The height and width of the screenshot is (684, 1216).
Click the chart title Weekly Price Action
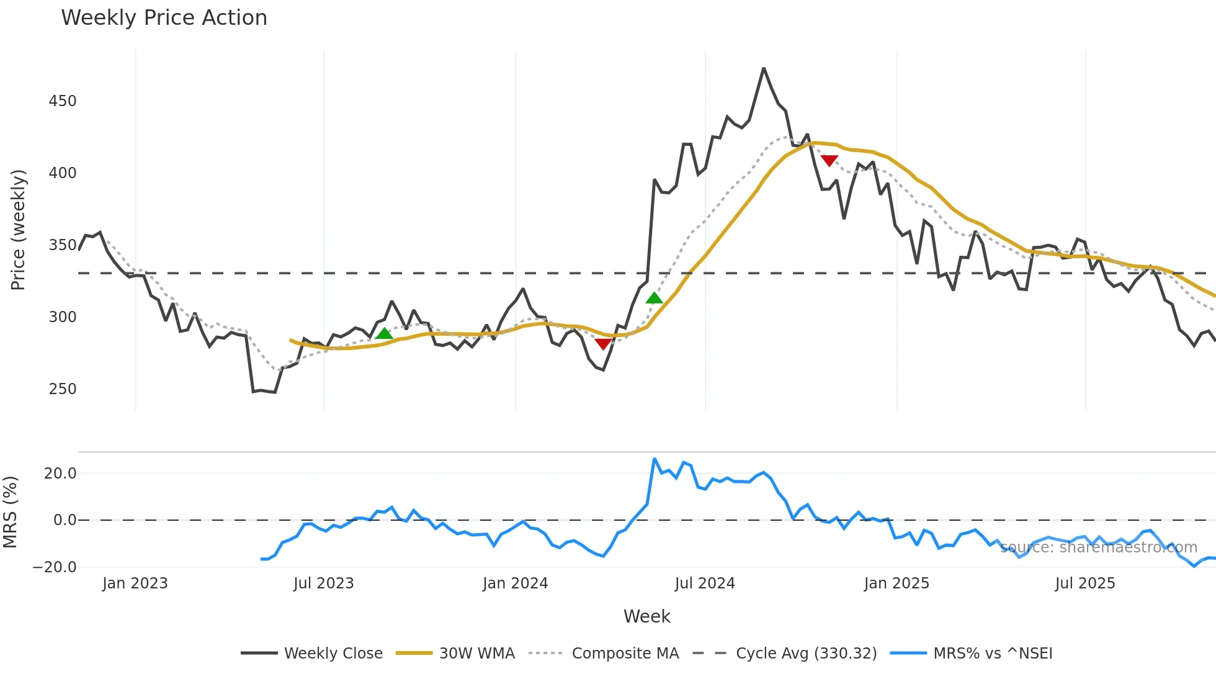pyautogui.click(x=164, y=18)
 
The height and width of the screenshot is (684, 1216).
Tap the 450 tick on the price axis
pyautogui.click(x=63, y=101)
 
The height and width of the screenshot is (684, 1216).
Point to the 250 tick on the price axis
pyautogui.click(x=63, y=389)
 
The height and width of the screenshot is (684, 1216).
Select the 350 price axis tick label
pyautogui.click(x=63, y=245)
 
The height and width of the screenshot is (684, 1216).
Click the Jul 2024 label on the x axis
pyautogui.click(x=705, y=583)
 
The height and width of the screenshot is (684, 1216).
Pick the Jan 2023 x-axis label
pyautogui.click(x=135, y=583)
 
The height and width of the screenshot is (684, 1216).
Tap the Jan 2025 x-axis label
pyautogui.click(x=896, y=583)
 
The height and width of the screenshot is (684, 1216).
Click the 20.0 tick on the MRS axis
pyautogui.click(x=60, y=474)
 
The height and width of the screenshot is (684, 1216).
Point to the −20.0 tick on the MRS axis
pyautogui.click(x=55, y=567)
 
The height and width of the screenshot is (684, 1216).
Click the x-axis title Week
pyautogui.click(x=646, y=616)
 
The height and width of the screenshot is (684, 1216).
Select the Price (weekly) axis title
pyautogui.click(x=18, y=230)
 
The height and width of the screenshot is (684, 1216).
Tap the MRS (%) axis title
pyautogui.click(x=10, y=512)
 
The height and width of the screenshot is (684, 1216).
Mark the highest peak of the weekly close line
pyautogui.click(x=764, y=68)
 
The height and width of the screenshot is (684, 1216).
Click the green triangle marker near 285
pyautogui.click(x=385, y=334)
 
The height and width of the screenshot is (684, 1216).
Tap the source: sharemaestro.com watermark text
pyautogui.click(x=1098, y=547)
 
